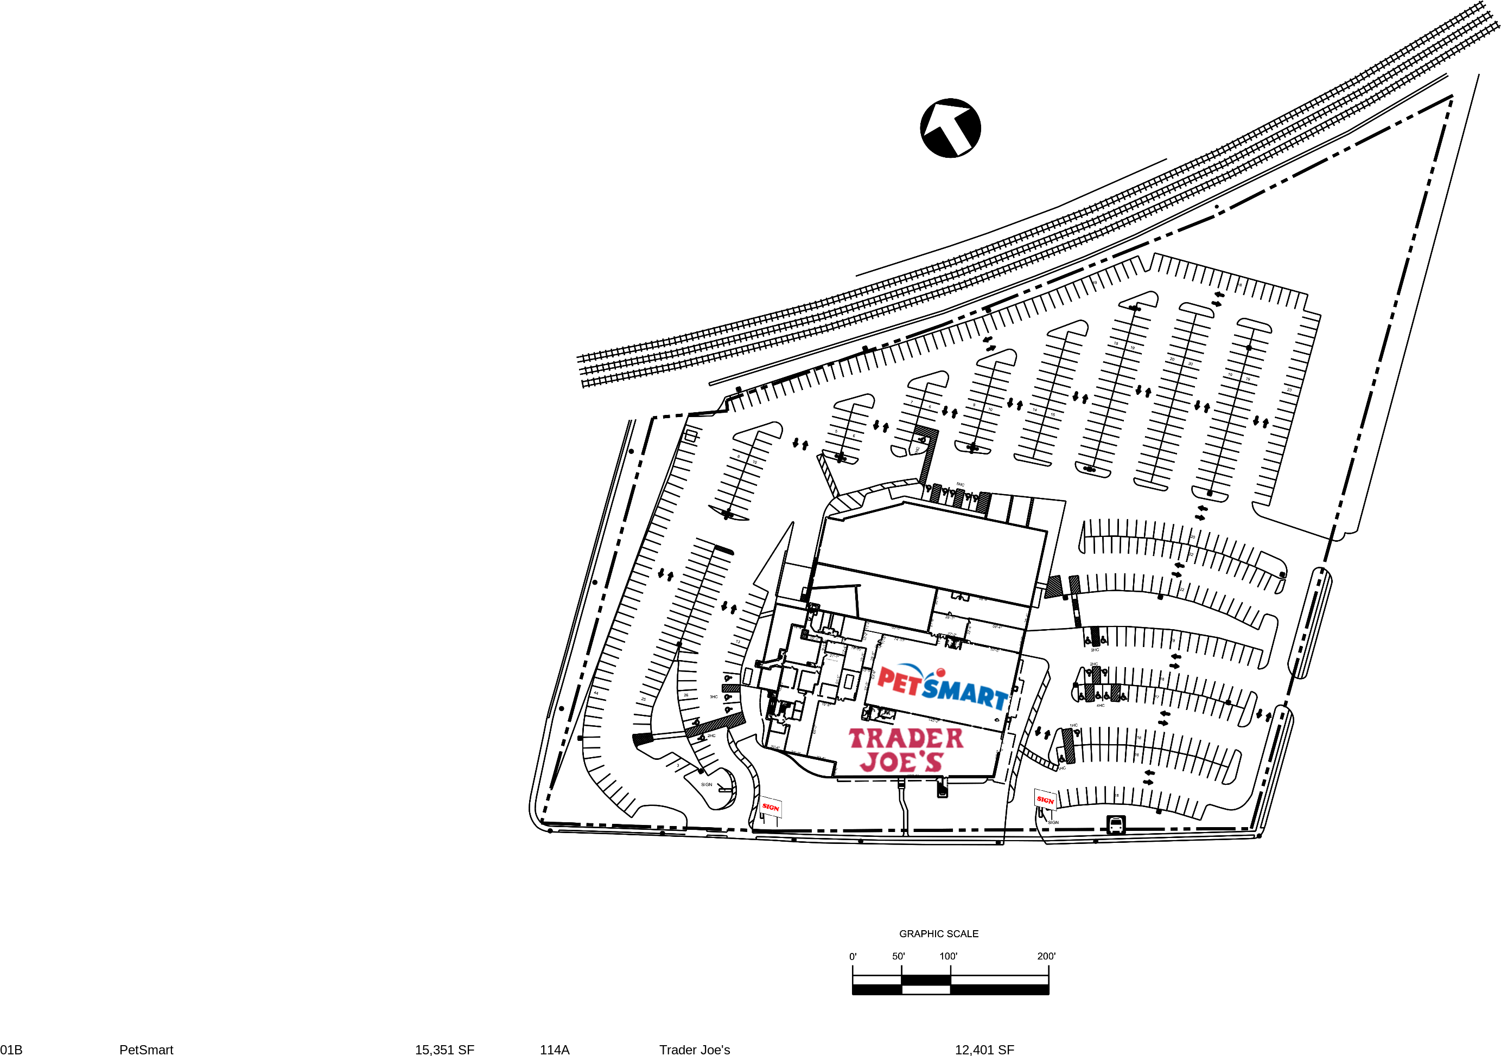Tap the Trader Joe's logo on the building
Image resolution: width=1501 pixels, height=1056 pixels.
coord(906,750)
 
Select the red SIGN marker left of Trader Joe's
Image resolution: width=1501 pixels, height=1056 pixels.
coord(771,807)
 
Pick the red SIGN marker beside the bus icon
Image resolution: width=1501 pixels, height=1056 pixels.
coord(1045,800)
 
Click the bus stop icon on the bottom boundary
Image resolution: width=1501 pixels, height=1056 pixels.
coord(1116,824)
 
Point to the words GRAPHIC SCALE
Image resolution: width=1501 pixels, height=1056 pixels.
coord(939,934)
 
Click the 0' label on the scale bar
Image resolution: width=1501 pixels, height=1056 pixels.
coord(853,957)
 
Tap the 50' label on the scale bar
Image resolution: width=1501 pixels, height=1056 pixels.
coord(899,956)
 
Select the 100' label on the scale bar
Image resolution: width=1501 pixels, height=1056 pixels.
coord(949,956)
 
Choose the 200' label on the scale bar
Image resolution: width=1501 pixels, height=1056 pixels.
coord(1046,956)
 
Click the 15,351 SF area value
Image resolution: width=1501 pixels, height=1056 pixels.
coord(444,1049)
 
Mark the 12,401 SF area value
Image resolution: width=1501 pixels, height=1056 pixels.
coord(984,1049)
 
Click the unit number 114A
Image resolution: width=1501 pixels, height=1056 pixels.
coord(555,1049)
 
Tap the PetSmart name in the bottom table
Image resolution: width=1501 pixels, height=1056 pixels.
coord(147,1049)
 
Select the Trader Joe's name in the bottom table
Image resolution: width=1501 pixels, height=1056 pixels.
coord(694,1049)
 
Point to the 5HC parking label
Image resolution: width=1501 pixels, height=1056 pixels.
coord(961,485)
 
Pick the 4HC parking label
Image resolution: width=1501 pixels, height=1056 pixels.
coord(1101,706)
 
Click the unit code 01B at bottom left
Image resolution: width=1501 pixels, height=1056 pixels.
coord(11,1049)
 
